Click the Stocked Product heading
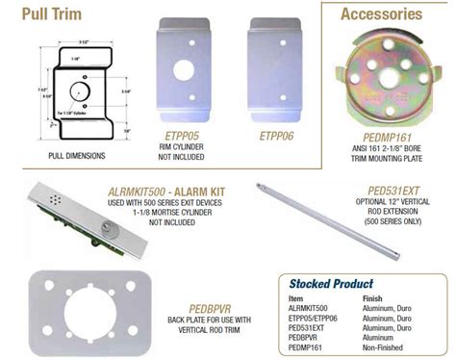(x=330, y=284)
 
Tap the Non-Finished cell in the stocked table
(x=386, y=347)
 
